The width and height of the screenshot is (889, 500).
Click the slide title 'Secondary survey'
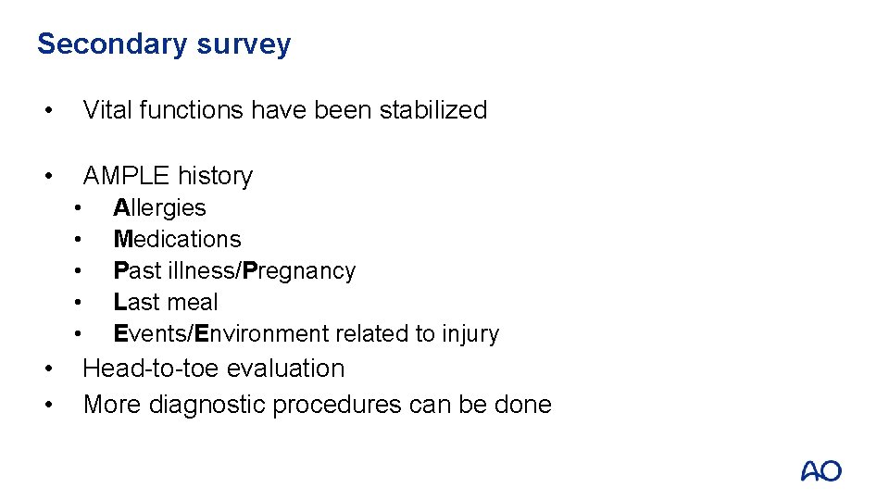pos(163,44)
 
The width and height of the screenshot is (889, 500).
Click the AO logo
pos(820,470)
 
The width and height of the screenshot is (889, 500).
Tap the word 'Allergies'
pos(159,207)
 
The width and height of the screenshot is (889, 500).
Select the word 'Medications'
pos(177,239)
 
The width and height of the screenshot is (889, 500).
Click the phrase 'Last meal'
pos(166,302)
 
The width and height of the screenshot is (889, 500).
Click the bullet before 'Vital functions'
pos(46,110)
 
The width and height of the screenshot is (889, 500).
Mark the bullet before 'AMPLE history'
pos(46,176)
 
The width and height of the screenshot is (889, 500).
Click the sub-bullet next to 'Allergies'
pos(81,208)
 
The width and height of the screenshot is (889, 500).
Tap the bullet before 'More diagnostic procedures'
pos(46,406)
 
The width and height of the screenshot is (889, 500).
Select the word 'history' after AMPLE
pos(215,175)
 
